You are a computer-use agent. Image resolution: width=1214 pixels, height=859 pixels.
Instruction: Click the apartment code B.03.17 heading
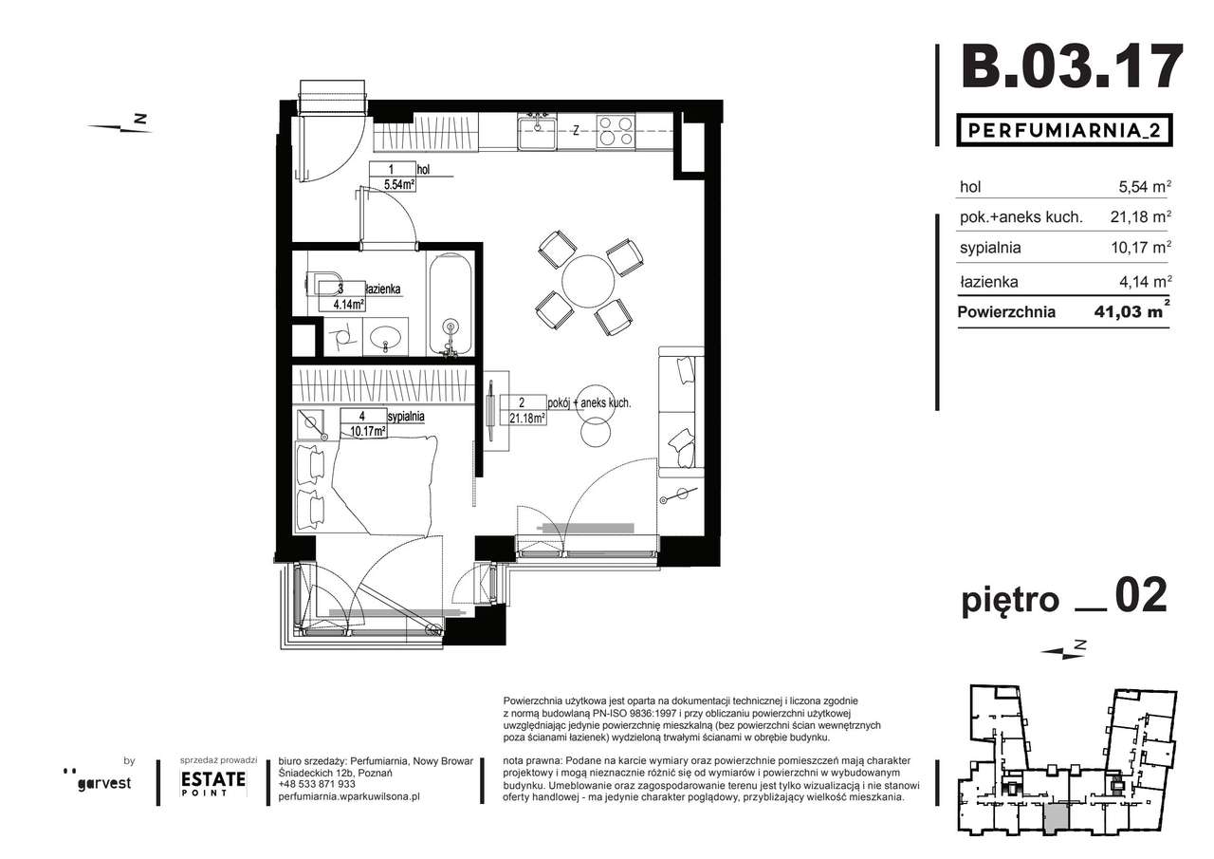click(x=1072, y=67)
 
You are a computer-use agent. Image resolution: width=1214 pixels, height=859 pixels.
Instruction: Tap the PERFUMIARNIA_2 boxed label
click(x=1064, y=131)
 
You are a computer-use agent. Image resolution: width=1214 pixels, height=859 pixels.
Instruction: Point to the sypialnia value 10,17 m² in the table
click(x=1141, y=248)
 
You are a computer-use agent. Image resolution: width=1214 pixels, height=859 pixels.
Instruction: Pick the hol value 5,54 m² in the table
click(x=1145, y=187)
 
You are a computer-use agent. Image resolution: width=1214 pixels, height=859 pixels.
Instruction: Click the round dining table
click(x=589, y=282)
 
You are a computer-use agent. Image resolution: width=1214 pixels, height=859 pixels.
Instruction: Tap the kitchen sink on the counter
click(x=537, y=131)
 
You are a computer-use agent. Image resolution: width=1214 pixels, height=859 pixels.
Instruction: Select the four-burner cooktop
click(x=616, y=131)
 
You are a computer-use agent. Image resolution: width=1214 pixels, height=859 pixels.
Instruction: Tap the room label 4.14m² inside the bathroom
click(x=348, y=305)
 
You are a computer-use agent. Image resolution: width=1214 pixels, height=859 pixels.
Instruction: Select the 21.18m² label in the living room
click(x=527, y=419)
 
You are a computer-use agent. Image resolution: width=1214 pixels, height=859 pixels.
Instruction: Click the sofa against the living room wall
click(x=681, y=412)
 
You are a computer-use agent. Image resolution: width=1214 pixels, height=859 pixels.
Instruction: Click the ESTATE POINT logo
click(x=213, y=783)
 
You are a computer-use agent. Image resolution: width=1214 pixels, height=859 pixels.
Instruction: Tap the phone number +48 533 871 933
click(x=317, y=784)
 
